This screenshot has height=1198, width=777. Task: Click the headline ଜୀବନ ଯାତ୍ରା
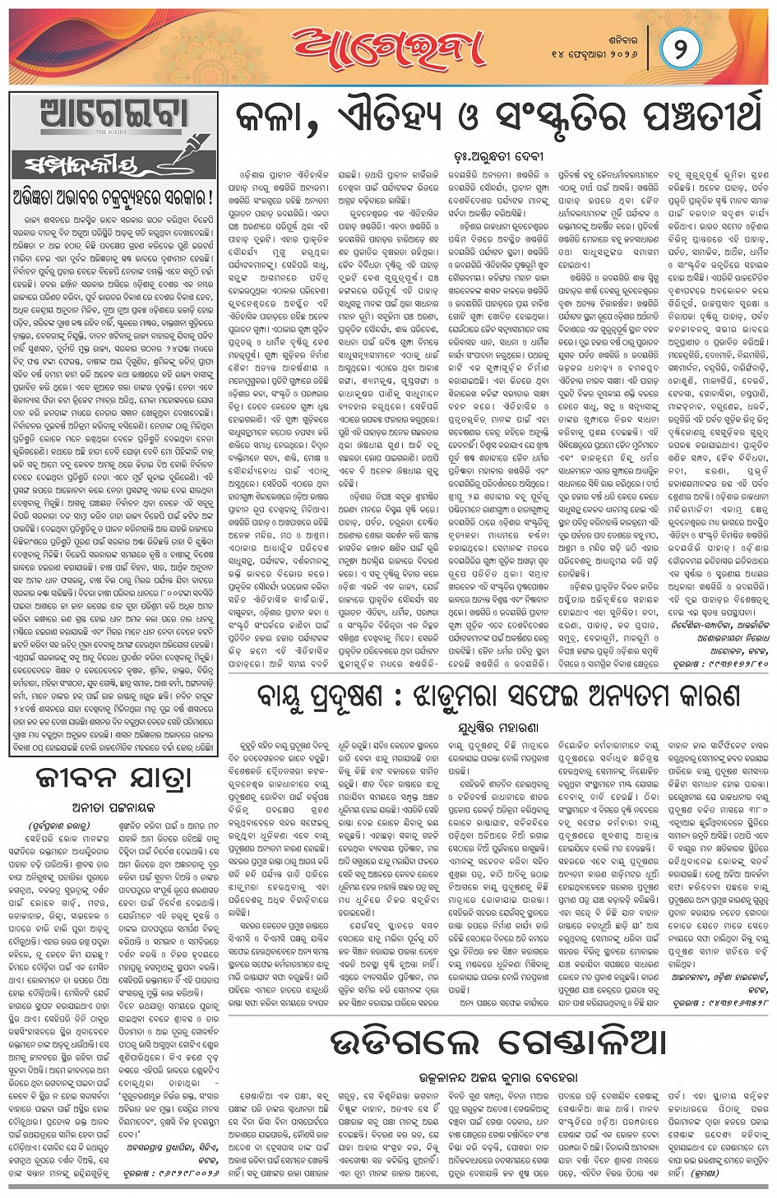click(113, 778)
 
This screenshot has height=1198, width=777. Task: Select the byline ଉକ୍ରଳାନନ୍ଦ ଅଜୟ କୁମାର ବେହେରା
click(498, 1076)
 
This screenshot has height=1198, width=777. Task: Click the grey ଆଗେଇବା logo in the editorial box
click(113, 115)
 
